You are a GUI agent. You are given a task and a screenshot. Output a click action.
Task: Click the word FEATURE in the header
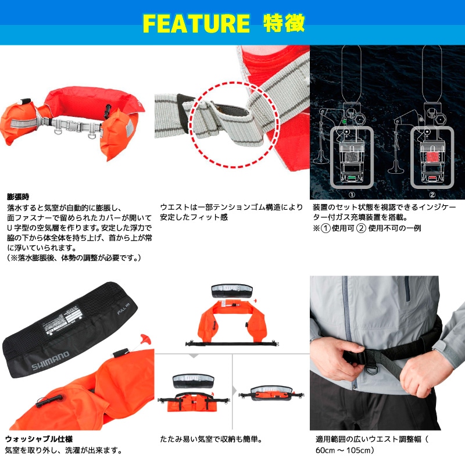click(x=196, y=23)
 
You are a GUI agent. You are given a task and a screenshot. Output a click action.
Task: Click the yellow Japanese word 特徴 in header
click(x=284, y=23)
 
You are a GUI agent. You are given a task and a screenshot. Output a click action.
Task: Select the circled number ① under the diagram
click(x=350, y=195)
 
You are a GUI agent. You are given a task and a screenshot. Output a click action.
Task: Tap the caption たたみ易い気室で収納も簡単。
click(x=214, y=439)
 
